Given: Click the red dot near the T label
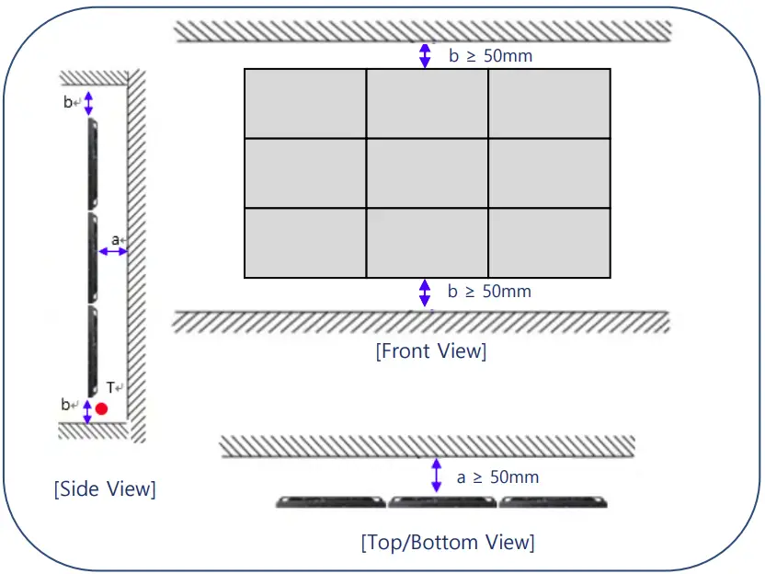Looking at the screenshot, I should pyautogui.click(x=101, y=408).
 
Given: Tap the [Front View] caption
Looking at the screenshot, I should pyautogui.click(x=430, y=350).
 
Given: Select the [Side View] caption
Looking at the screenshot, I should pyautogui.click(x=104, y=488).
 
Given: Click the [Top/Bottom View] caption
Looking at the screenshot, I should pyautogui.click(x=447, y=542).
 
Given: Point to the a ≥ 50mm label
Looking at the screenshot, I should pyautogui.click(x=497, y=477).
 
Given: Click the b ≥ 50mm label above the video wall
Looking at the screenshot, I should pyautogui.click(x=490, y=56).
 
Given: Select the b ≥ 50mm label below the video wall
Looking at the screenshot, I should pyautogui.click(x=489, y=292).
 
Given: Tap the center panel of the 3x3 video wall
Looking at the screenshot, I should pyautogui.click(x=427, y=173).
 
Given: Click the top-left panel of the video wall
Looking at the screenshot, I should pyautogui.click(x=304, y=103).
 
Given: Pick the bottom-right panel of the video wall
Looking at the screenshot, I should pyautogui.click(x=549, y=243).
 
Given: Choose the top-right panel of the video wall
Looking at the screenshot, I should pyautogui.click(x=549, y=103).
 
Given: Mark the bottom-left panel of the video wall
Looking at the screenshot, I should pyautogui.click(x=304, y=243).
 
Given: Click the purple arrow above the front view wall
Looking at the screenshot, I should pyautogui.click(x=424, y=55).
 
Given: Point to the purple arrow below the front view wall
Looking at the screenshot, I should pyautogui.click(x=424, y=293).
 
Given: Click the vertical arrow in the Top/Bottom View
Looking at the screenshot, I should pyautogui.click(x=436, y=476).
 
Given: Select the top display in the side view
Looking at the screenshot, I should pyautogui.click(x=92, y=164).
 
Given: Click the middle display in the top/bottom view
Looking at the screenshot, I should pyautogui.click(x=441, y=502).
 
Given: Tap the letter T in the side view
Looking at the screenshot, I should pyautogui.click(x=109, y=388).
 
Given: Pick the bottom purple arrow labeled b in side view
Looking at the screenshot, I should pyautogui.click(x=87, y=411).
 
